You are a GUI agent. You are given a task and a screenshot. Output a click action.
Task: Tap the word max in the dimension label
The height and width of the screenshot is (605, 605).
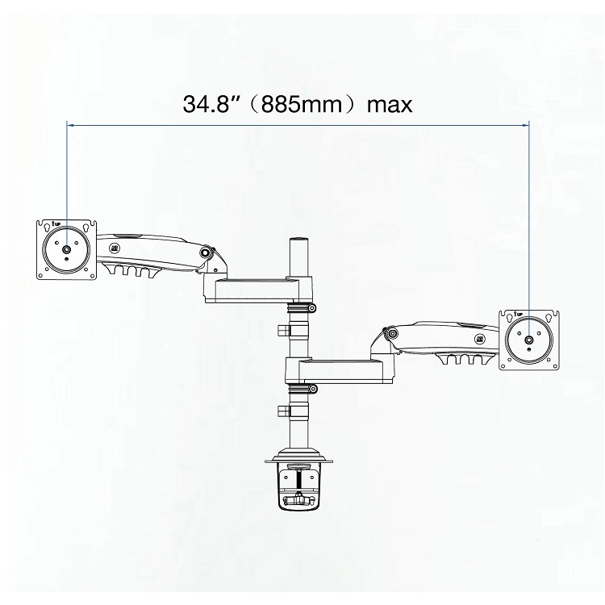389,106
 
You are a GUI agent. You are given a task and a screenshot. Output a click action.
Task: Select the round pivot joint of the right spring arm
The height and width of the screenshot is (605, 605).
390,332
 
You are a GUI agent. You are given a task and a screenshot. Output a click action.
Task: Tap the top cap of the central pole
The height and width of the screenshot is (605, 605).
298,240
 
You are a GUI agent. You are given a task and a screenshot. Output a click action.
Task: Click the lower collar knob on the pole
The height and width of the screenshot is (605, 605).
282,411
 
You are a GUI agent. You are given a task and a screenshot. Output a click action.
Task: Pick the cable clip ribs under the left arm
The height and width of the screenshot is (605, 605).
129,273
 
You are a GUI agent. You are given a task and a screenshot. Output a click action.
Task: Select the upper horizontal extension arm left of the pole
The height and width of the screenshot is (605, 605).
250,289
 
